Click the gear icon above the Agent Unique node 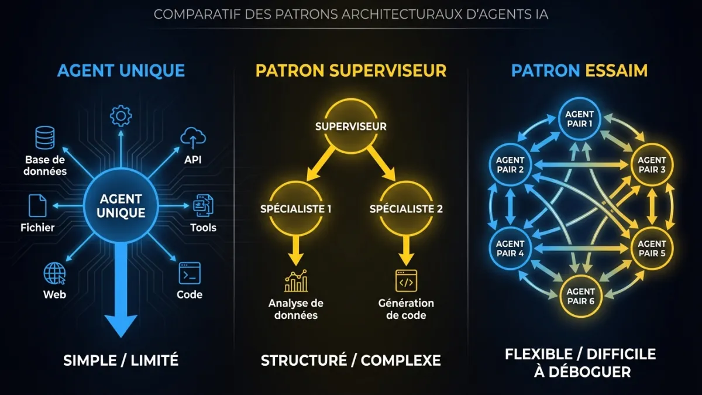[121, 116]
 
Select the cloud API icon [193, 138]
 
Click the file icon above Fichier [37, 206]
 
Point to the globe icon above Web [54, 273]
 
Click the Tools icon [203, 205]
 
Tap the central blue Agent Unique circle [122, 206]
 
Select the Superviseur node [350, 126]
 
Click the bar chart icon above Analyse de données [296, 281]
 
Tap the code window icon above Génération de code [406, 281]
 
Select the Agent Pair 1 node [580, 119]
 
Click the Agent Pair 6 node [580, 296]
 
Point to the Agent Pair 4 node [510, 249]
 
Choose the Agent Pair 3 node [652, 164]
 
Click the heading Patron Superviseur [350, 71]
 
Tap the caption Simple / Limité [121, 360]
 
